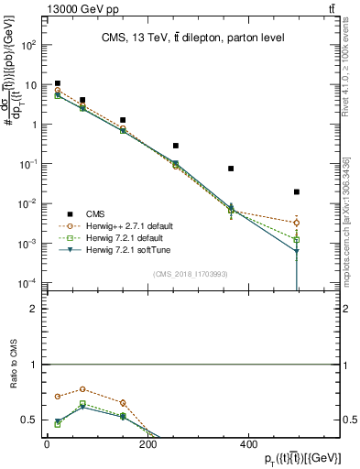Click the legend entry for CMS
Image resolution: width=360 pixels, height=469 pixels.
tap(94, 213)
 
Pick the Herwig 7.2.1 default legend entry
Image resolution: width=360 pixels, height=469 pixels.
tap(120, 237)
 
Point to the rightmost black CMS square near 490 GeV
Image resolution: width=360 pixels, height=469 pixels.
tap(297, 191)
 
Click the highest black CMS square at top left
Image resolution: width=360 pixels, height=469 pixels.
tap(58, 83)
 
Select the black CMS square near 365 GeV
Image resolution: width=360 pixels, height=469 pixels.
tap(231, 169)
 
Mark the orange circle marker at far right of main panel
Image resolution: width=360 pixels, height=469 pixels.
tap(297, 223)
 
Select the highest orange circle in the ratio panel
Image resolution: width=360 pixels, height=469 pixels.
tap(82, 389)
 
